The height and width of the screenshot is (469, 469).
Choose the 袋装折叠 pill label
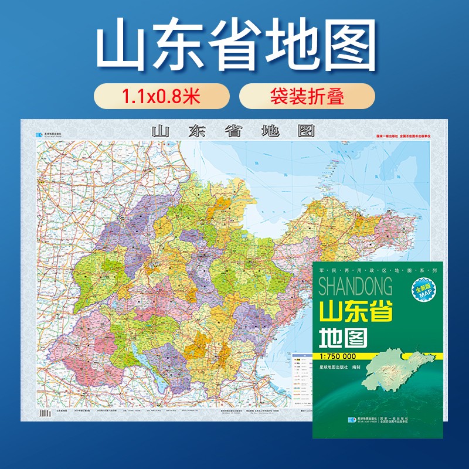click(307, 96)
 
